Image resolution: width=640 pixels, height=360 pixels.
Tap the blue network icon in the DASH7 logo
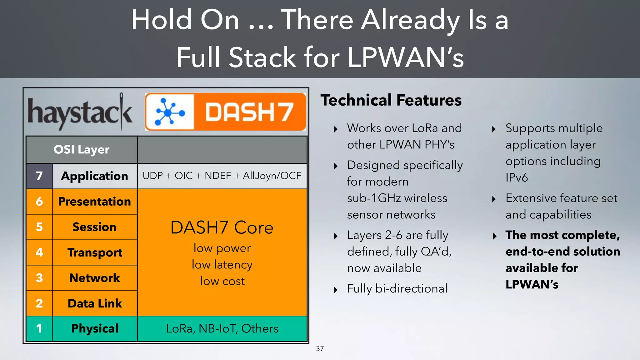coord(170,112)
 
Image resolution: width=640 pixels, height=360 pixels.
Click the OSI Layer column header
coord(82,150)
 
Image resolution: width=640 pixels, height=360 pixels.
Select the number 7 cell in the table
coord(39,176)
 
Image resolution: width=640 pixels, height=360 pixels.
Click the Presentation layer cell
coord(94,202)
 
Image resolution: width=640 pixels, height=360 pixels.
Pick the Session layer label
coord(94,227)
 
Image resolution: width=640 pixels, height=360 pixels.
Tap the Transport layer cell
coord(94,252)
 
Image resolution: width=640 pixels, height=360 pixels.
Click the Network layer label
coord(94,278)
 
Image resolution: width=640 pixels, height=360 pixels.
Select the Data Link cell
coord(94,303)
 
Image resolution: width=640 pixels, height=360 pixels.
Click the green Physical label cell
coord(94,329)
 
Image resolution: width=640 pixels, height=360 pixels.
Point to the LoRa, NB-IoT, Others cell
coord(222,329)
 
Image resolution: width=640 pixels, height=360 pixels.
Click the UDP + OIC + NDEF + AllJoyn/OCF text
coord(222,176)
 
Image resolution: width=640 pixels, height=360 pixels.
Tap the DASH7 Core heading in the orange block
coord(222,227)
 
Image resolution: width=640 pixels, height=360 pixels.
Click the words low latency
coord(222,265)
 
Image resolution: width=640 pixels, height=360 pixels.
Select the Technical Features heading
coord(391,100)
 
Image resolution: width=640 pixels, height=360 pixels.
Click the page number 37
coord(320,349)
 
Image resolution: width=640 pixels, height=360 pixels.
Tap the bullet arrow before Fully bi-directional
coord(336,290)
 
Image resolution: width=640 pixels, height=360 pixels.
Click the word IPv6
coord(517,178)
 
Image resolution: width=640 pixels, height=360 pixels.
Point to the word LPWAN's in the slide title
coord(405,57)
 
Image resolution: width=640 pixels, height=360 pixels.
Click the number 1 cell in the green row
coord(39,329)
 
